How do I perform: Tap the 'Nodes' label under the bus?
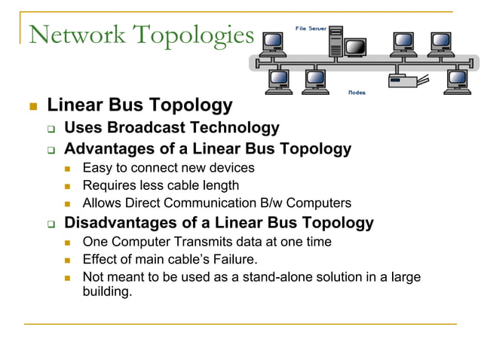tap(357, 93)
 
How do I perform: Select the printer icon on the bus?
tap(397, 78)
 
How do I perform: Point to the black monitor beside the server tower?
tap(355, 47)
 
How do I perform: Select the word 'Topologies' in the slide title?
tap(194, 35)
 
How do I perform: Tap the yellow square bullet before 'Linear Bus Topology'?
tap(32, 106)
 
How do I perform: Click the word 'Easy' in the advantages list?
tap(96, 167)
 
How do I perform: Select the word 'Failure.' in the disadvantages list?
tap(234, 259)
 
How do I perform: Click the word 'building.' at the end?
tap(107, 291)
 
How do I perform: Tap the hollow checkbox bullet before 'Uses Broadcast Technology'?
tap(51, 129)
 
